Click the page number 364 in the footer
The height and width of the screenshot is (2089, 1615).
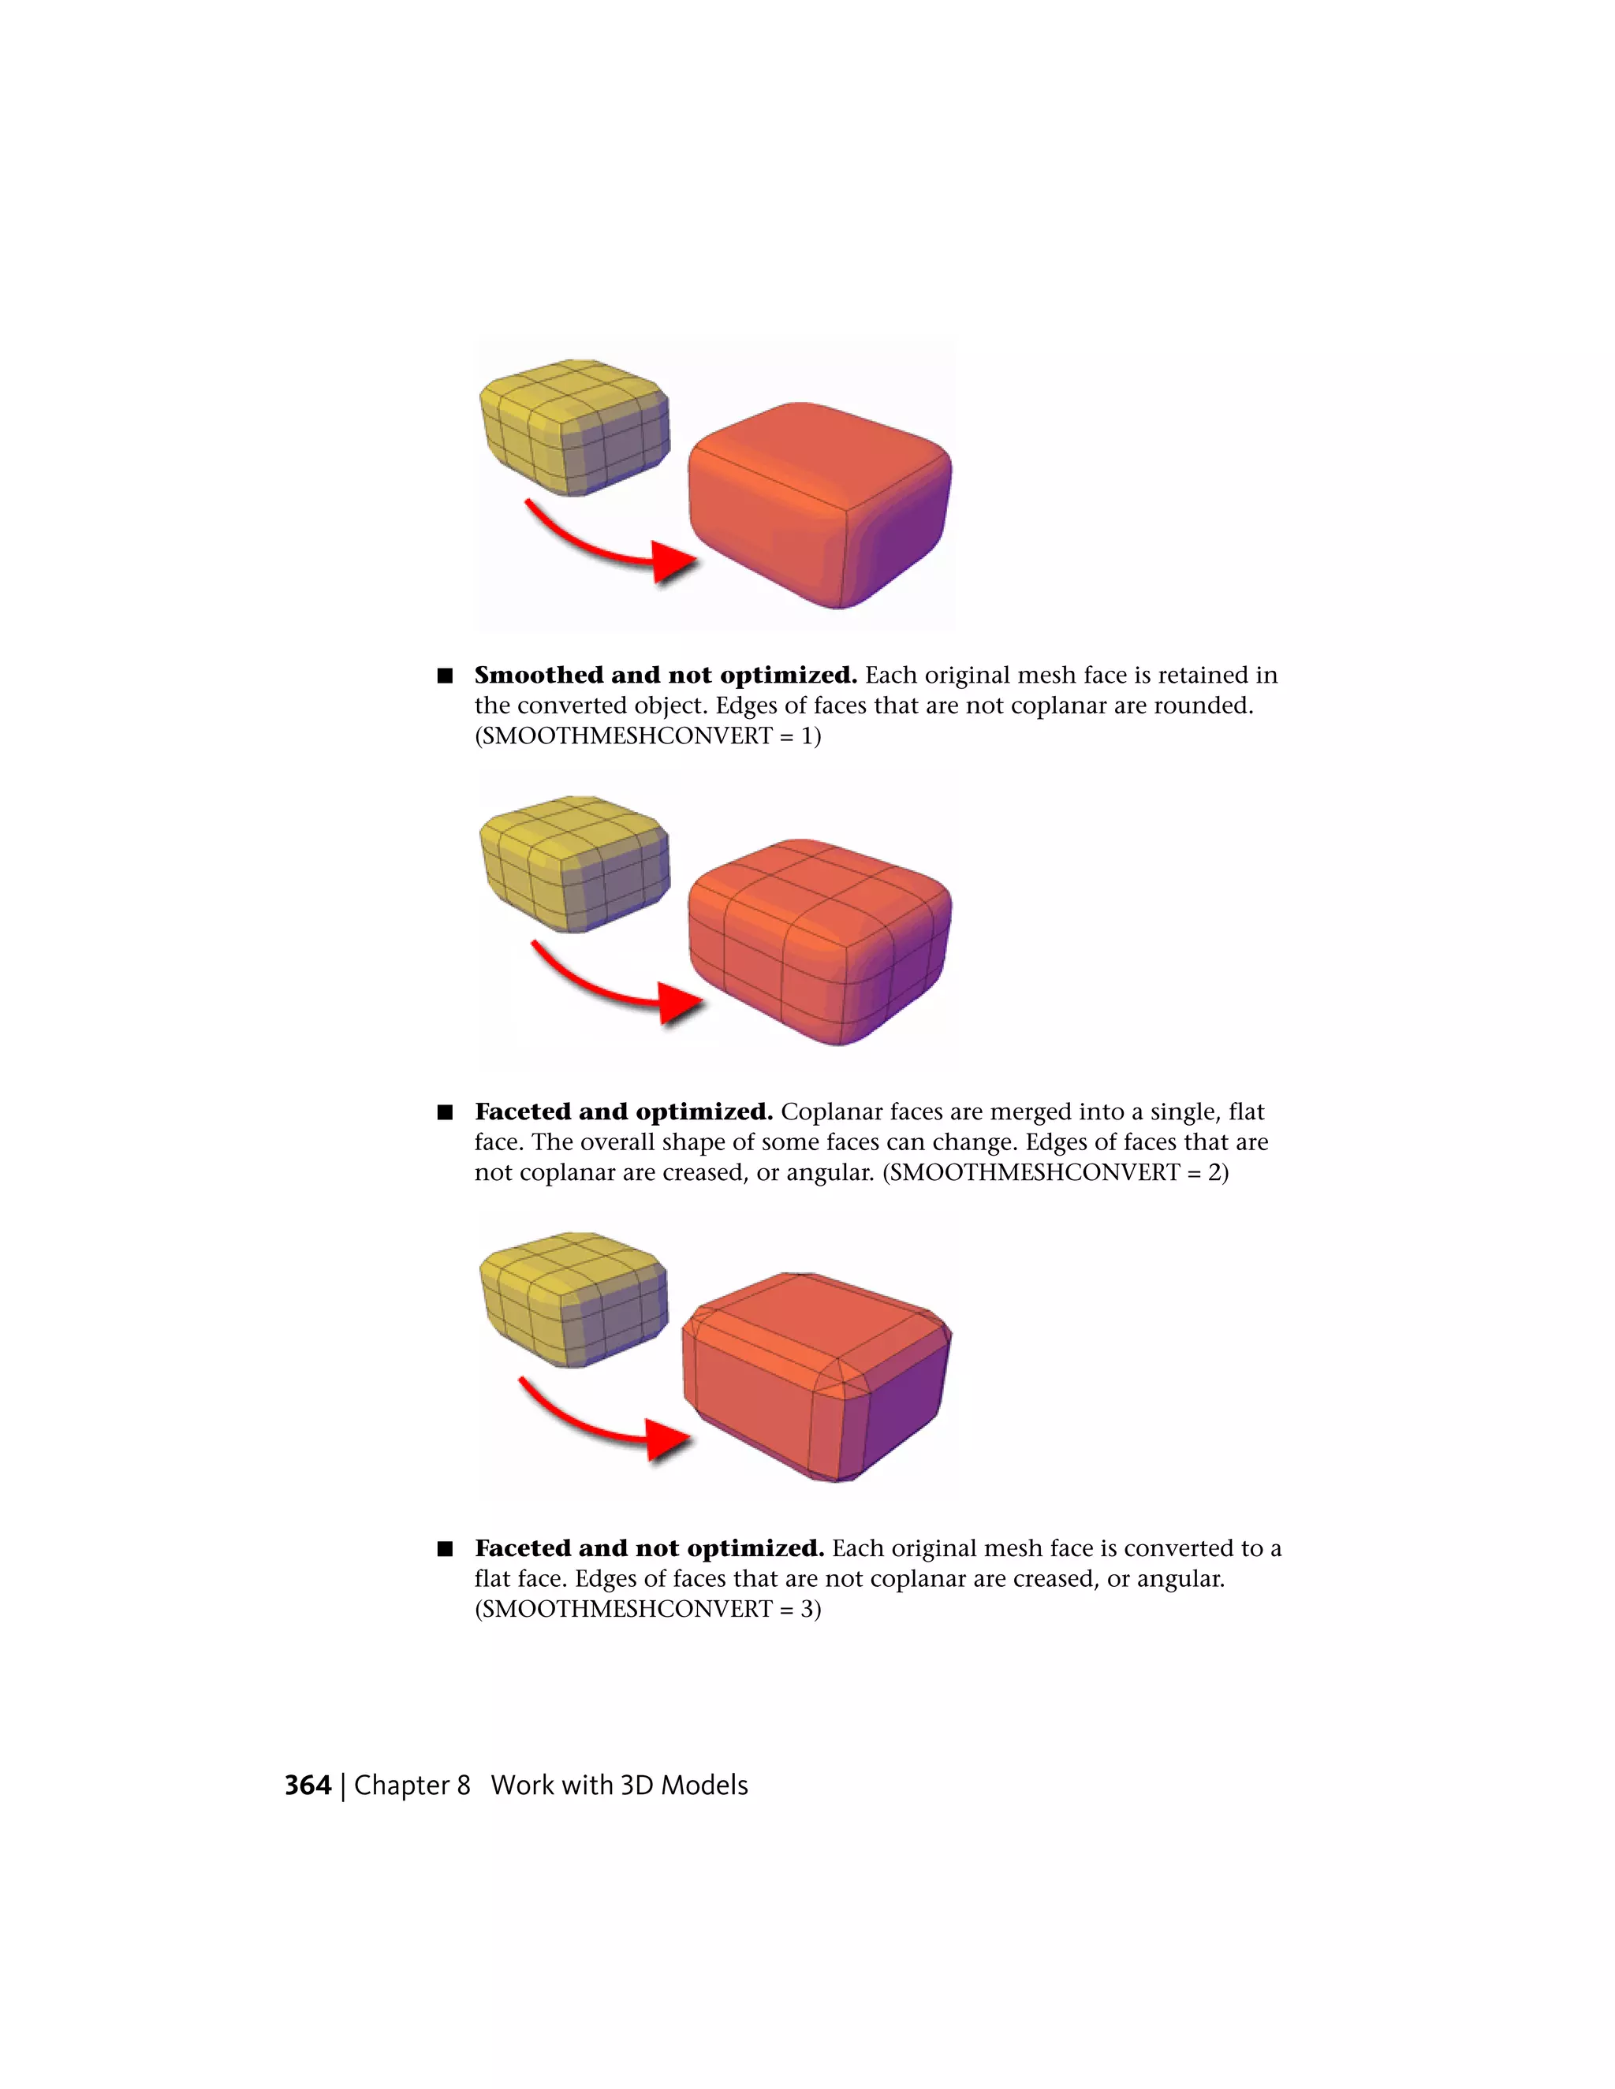click(307, 1785)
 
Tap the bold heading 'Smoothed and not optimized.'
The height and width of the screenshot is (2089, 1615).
click(665, 676)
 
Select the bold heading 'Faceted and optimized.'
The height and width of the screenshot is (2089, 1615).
click(623, 1112)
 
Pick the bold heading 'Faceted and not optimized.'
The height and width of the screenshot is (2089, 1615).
click(649, 1547)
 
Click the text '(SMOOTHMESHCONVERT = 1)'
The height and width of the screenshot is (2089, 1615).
click(647, 735)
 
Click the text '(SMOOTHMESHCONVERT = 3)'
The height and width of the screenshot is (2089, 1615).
click(647, 1608)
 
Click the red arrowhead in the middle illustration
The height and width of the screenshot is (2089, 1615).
click(681, 1004)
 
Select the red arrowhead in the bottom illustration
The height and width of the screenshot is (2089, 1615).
click(668, 1439)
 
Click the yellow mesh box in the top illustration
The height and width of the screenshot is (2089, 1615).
click(574, 426)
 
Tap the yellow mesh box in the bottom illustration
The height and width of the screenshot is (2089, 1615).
click(573, 1298)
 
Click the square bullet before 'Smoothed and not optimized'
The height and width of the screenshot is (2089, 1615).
click(445, 676)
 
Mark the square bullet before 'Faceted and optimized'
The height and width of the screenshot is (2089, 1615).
click(445, 1112)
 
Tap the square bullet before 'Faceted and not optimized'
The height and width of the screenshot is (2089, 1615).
click(445, 1548)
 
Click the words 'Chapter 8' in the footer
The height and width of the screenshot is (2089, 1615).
click(412, 1785)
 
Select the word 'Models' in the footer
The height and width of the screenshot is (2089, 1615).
click(704, 1785)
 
